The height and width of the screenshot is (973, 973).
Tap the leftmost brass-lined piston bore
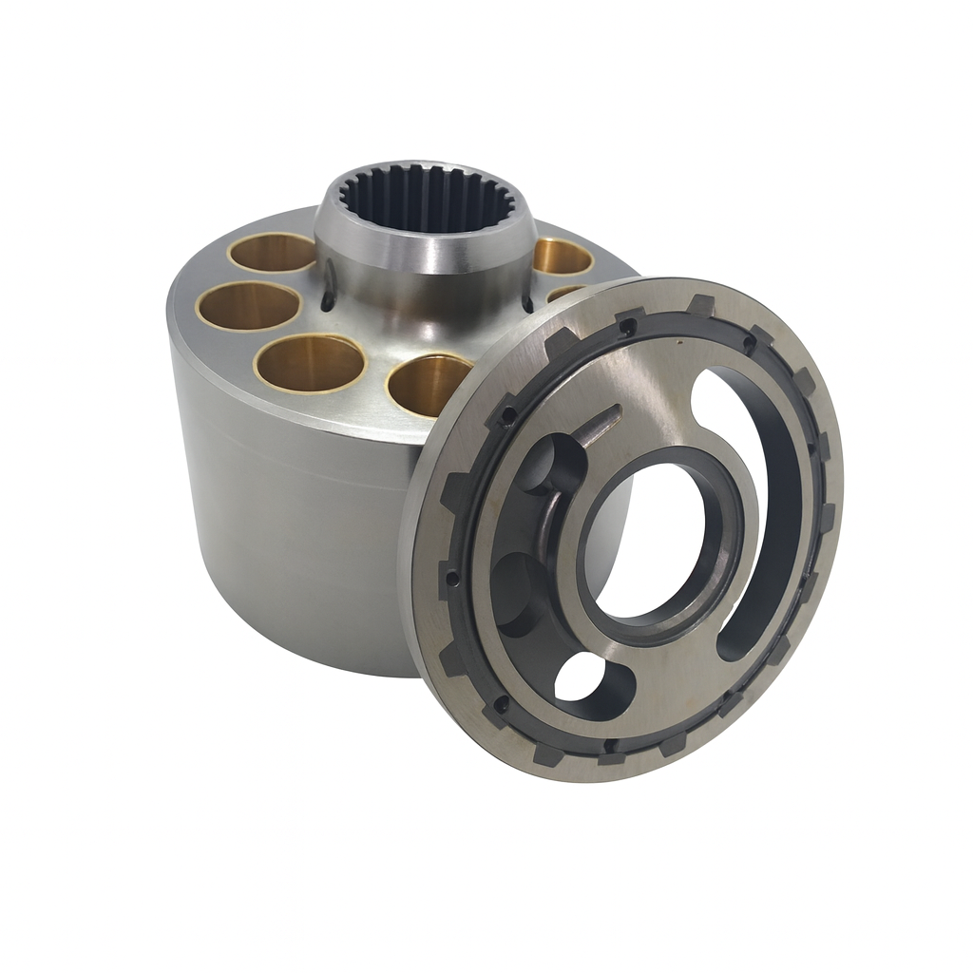click(249, 306)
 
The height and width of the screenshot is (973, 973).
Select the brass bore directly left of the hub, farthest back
click(273, 252)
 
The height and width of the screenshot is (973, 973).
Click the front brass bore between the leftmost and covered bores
click(311, 362)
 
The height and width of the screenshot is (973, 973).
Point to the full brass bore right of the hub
click(563, 256)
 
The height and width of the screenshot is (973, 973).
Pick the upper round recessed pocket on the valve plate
click(551, 466)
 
